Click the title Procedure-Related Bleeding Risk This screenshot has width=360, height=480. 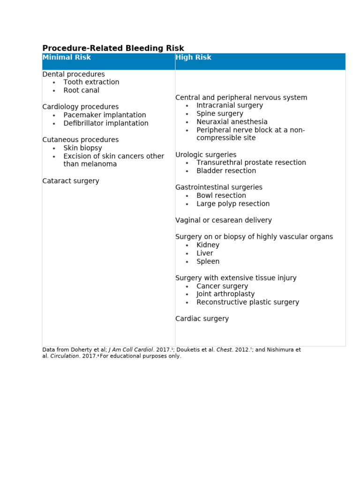coord(113,48)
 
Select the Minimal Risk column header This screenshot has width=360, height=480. coord(67,57)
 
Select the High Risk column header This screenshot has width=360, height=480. coord(193,57)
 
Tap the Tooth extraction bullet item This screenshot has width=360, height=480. coord(91,82)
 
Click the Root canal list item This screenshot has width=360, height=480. coord(81,90)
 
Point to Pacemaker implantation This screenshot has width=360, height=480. coord(105,115)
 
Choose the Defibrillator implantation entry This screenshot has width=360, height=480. coord(106,123)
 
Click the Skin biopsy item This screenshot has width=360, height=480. coord(82,148)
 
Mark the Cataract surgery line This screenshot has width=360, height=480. coord(71,181)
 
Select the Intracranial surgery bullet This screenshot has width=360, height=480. coord(230,105)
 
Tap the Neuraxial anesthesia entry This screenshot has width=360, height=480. coord(232,122)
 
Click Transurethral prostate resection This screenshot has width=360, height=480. coord(251,163)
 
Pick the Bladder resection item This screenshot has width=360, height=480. coord(226,171)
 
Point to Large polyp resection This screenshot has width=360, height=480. coord(233,204)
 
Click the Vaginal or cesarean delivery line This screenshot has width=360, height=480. coord(224,220)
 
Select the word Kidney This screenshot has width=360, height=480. coord(208,245)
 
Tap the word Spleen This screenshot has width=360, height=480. coord(208,262)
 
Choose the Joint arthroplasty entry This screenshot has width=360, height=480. coord(225,294)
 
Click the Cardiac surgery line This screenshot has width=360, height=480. coord(202,319)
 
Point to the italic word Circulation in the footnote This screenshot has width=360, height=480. coord(64,356)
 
